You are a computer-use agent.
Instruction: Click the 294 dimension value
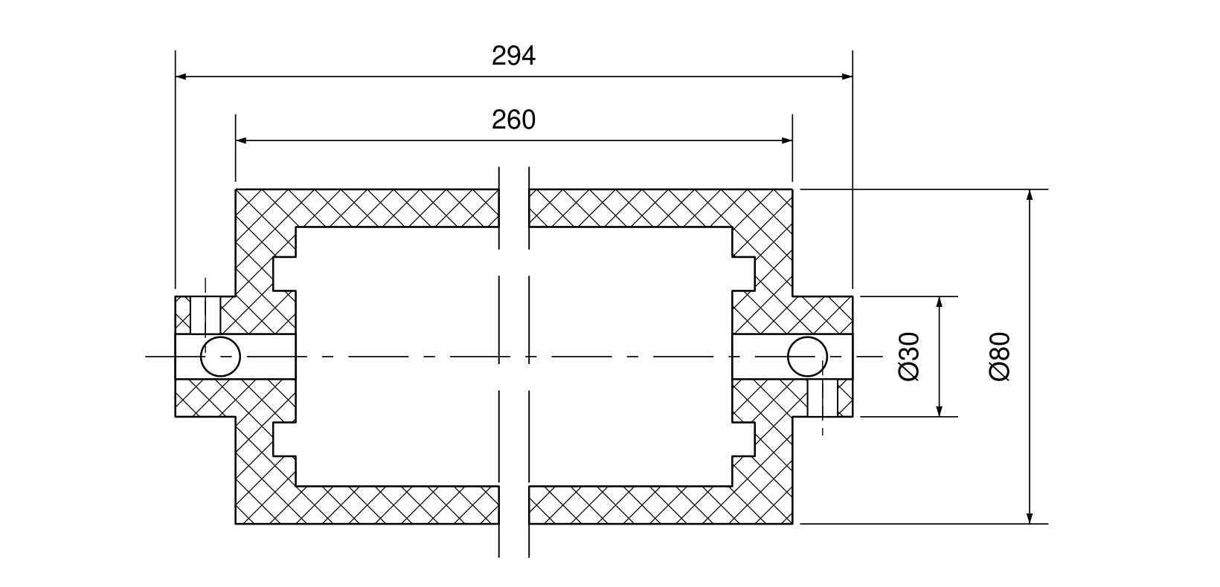tap(513, 56)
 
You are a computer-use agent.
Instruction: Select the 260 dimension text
tap(513, 120)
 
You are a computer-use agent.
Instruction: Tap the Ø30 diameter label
tap(909, 357)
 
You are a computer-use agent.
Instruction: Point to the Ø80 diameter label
tap(1000, 357)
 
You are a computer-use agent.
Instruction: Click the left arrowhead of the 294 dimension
tap(181, 77)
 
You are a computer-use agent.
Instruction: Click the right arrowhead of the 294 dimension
tap(847, 77)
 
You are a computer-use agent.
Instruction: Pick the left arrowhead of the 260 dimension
tap(241, 140)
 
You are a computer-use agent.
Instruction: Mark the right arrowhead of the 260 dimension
tap(787, 140)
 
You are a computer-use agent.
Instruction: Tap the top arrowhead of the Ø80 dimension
tap(1030, 195)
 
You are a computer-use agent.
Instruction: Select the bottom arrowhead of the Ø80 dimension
tap(1030, 519)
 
